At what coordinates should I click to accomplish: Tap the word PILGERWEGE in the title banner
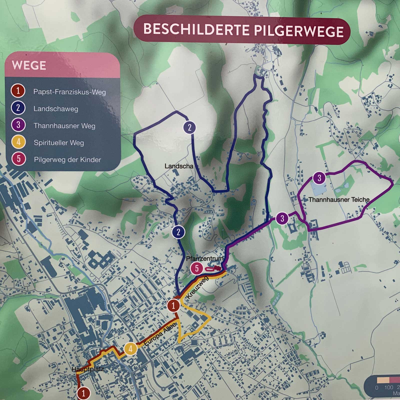click(x=299, y=31)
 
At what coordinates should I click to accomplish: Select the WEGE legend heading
click(x=29, y=65)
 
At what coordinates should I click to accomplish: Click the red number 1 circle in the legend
click(x=18, y=91)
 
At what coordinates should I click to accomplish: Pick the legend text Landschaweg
click(x=56, y=109)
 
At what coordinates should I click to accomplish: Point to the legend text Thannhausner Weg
click(x=64, y=126)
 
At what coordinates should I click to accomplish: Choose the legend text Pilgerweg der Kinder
click(x=67, y=160)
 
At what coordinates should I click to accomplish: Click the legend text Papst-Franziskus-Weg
click(x=69, y=92)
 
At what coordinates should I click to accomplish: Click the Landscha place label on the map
click(x=179, y=166)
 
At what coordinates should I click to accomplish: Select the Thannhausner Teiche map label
click(x=339, y=199)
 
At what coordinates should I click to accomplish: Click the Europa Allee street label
click(x=160, y=334)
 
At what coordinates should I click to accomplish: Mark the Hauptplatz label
click(x=87, y=369)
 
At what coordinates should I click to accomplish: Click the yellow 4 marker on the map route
click(x=130, y=348)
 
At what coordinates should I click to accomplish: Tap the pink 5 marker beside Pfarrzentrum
click(x=197, y=268)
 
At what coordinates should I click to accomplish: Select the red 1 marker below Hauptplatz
click(x=83, y=393)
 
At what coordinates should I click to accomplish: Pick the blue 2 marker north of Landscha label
click(x=189, y=127)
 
